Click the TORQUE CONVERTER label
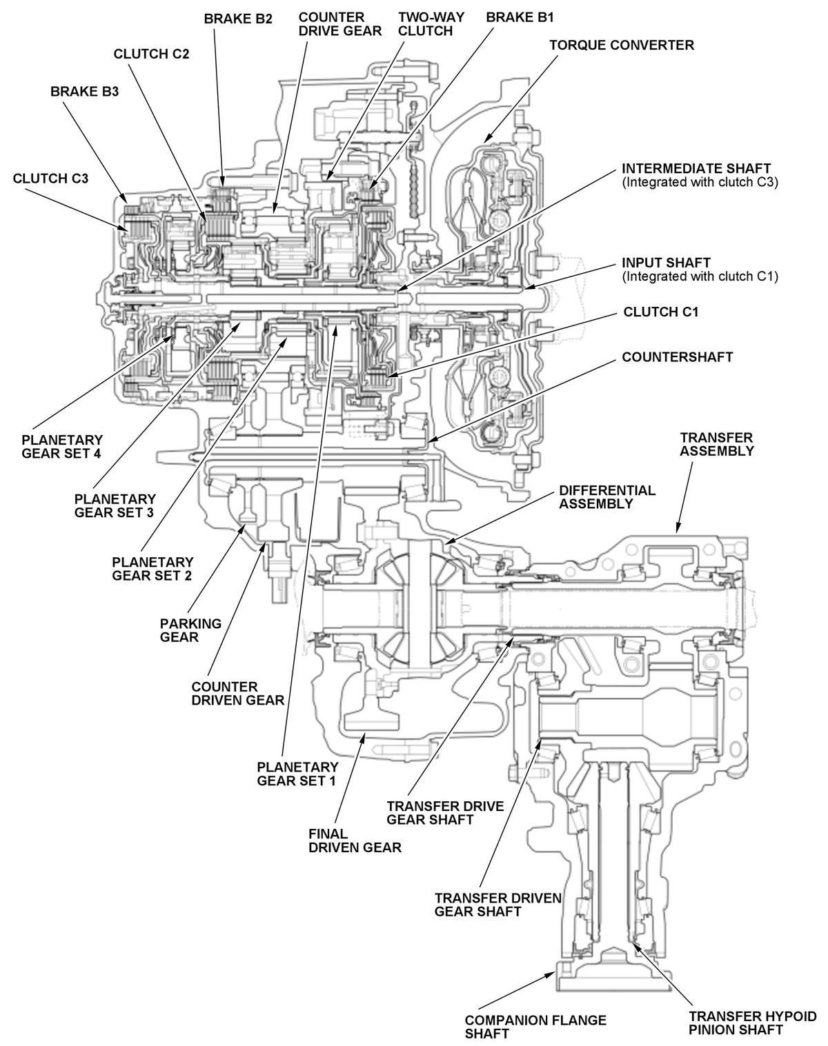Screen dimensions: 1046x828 point(621,45)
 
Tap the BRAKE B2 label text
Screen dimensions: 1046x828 point(238,19)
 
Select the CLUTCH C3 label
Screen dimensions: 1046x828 point(50,178)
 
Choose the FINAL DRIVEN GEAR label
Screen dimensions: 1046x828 point(355,841)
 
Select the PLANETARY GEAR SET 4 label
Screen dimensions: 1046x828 point(62,446)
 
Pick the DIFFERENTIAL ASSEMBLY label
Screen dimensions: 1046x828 point(607,496)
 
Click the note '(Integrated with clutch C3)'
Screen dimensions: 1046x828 point(700,183)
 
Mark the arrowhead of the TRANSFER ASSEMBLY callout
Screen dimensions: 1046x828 point(678,530)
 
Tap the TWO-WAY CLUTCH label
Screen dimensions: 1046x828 point(426,24)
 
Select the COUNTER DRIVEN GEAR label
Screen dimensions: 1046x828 point(237,694)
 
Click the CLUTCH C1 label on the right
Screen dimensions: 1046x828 point(660,312)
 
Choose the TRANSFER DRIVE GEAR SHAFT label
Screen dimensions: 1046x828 point(445,812)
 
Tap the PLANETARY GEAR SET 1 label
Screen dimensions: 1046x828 point(297,774)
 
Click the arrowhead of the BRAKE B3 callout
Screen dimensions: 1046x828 point(124,201)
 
